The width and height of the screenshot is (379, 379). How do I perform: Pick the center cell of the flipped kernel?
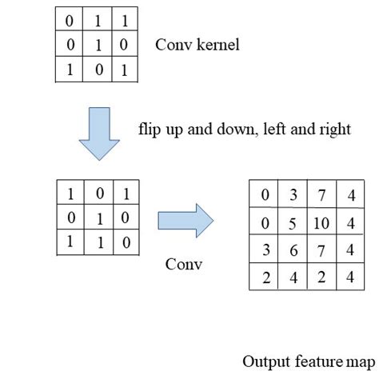click(96, 217)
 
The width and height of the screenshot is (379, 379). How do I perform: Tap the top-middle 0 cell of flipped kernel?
click(96, 193)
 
